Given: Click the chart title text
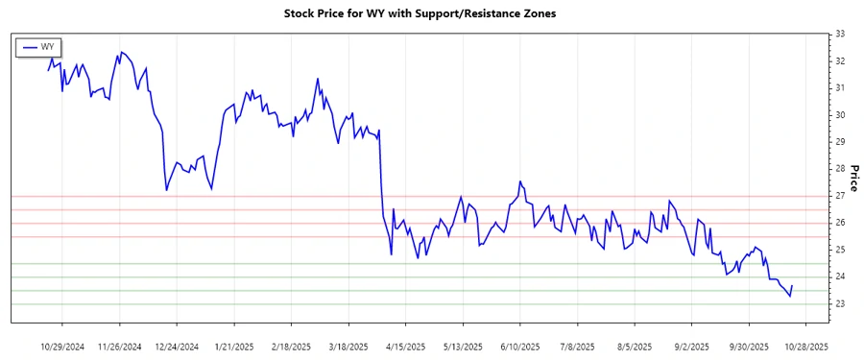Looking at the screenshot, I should [x=420, y=13].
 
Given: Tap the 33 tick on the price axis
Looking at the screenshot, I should [x=840, y=34].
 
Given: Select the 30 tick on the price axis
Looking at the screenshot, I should [x=840, y=115].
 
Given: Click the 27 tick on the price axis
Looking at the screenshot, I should [x=840, y=196].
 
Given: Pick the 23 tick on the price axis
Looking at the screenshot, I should [x=840, y=304].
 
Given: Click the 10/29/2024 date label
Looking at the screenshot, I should [x=64, y=346].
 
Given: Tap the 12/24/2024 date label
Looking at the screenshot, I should [x=178, y=346].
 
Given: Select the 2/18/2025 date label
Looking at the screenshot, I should [x=291, y=346].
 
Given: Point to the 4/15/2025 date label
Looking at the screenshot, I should [x=405, y=346].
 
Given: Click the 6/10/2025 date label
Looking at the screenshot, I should [x=519, y=346].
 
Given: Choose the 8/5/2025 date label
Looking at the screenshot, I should [x=634, y=346].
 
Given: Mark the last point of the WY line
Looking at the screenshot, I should [x=792, y=285].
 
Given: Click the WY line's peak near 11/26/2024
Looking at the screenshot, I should [x=121, y=52].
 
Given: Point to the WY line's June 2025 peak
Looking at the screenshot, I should [x=520, y=181].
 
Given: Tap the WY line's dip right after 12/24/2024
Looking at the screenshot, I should [x=166, y=190].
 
